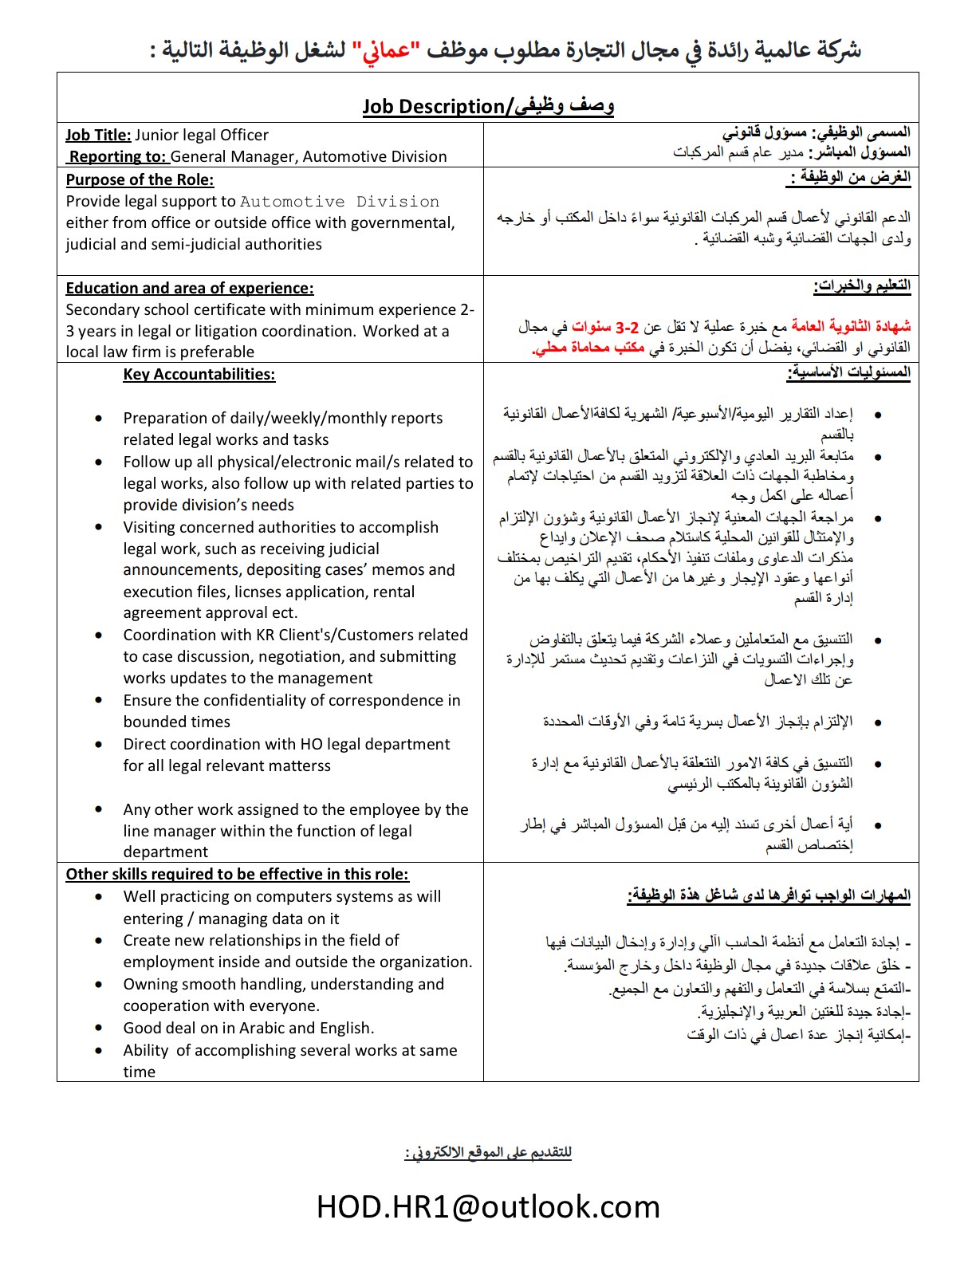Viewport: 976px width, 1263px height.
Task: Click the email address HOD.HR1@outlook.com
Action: click(488, 1207)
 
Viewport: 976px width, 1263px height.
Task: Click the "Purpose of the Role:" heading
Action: click(140, 180)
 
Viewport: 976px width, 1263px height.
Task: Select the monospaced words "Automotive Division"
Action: click(340, 202)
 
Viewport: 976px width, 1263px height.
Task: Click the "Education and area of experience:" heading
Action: click(190, 289)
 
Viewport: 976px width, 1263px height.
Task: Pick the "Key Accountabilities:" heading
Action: click(199, 375)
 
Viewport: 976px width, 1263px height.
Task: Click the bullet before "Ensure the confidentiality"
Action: click(98, 701)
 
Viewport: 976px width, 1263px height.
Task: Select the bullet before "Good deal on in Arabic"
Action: click(98, 1029)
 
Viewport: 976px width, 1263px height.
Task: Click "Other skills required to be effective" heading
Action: click(237, 875)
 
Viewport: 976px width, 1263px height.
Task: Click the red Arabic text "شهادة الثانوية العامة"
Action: click(851, 326)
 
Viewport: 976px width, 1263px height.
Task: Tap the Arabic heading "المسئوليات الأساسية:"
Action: click(848, 372)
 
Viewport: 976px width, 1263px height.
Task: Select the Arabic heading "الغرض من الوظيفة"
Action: click(850, 177)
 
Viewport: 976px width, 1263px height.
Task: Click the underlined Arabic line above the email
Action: click(488, 1153)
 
